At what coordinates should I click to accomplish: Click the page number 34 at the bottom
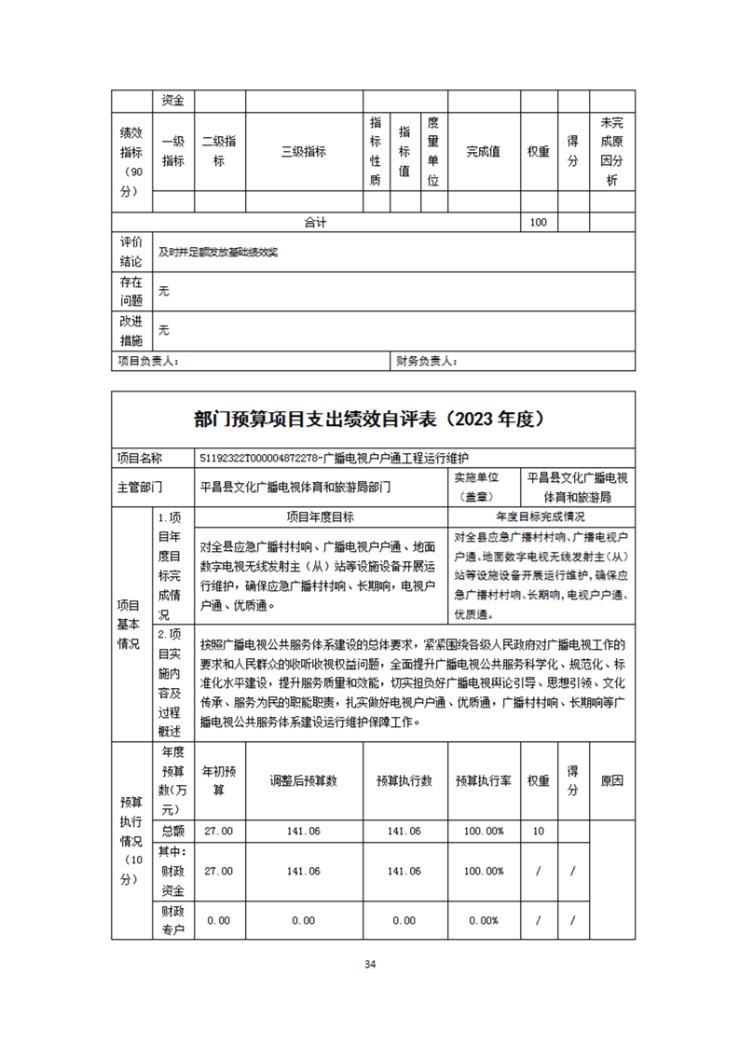point(370,964)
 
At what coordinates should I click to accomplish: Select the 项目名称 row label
point(139,458)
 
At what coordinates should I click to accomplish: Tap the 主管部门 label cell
point(139,487)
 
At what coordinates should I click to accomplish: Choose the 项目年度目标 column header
point(323,516)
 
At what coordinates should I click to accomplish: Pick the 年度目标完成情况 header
point(541,516)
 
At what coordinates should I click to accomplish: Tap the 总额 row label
point(173,831)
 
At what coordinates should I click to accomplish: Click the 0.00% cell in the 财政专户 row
point(484,920)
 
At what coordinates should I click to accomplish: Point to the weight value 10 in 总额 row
point(538,831)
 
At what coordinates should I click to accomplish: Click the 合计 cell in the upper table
point(316,222)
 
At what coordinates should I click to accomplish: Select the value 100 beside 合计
point(538,222)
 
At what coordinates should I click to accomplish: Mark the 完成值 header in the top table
point(484,151)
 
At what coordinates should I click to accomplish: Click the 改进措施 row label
point(131,330)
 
